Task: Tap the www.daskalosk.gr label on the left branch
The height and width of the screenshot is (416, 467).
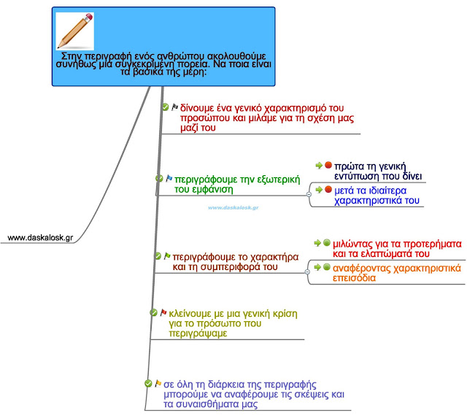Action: point(40,237)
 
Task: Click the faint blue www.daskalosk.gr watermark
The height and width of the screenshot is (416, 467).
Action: point(233,207)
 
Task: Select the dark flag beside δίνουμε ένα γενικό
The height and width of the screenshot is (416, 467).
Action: point(174,107)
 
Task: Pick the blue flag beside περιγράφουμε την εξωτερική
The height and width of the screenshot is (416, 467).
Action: point(169,178)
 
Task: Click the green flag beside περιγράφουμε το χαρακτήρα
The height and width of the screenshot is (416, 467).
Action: point(167,256)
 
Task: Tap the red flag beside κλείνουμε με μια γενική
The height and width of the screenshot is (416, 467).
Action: point(163,312)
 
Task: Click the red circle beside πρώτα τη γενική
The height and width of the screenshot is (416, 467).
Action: point(328,165)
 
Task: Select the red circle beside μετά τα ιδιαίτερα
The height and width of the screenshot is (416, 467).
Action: point(328,189)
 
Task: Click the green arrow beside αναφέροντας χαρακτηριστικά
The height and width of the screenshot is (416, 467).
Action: point(317,267)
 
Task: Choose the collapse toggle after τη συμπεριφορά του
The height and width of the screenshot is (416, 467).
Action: point(307,270)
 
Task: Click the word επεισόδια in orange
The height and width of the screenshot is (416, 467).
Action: point(355,279)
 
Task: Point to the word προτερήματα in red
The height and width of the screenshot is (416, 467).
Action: point(426,243)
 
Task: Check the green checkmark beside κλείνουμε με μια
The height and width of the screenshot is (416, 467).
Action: point(153,312)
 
